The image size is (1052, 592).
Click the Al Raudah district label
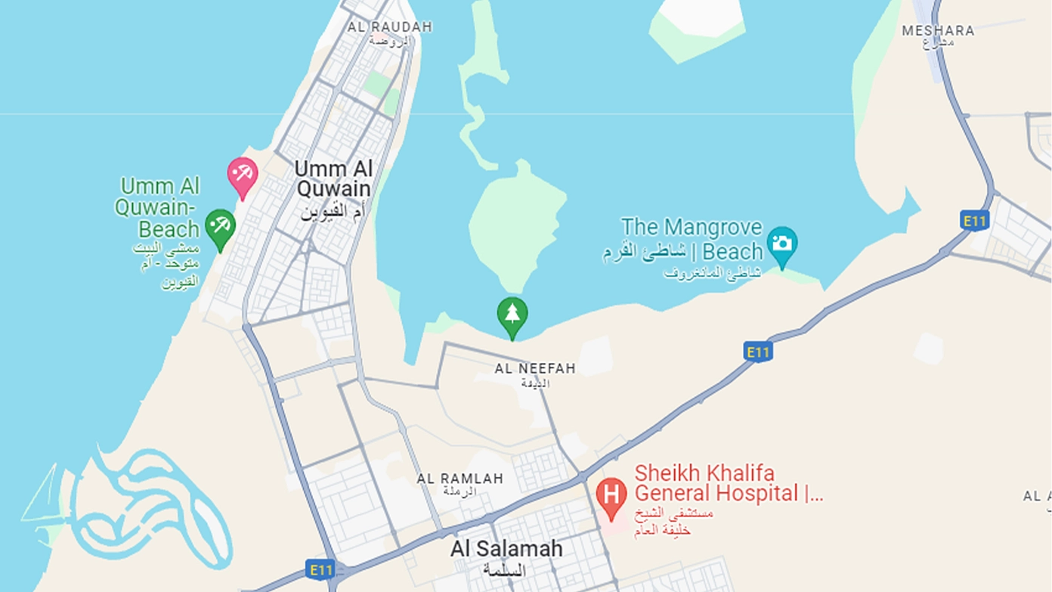click(390, 27)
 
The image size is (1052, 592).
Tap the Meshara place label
click(938, 31)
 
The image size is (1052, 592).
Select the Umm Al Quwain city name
click(333, 178)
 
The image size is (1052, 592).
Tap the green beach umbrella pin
click(220, 228)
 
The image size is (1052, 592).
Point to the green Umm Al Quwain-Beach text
click(158, 207)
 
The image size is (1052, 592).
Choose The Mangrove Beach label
click(692, 239)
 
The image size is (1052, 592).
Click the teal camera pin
click(782, 245)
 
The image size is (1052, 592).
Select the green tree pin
click(512, 315)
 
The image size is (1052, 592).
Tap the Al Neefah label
click(535, 369)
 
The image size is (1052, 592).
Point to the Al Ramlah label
click(459, 479)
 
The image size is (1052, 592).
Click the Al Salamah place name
click(506, 549)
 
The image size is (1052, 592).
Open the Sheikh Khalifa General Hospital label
click(728, 484)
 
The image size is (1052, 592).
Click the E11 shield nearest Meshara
click(975, 221)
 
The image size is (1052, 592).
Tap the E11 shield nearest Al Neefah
click(757, 352)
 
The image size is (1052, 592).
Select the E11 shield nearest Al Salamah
click(320, 569)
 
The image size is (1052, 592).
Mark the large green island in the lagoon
click(517, 219)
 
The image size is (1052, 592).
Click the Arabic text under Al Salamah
click(503, 570)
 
